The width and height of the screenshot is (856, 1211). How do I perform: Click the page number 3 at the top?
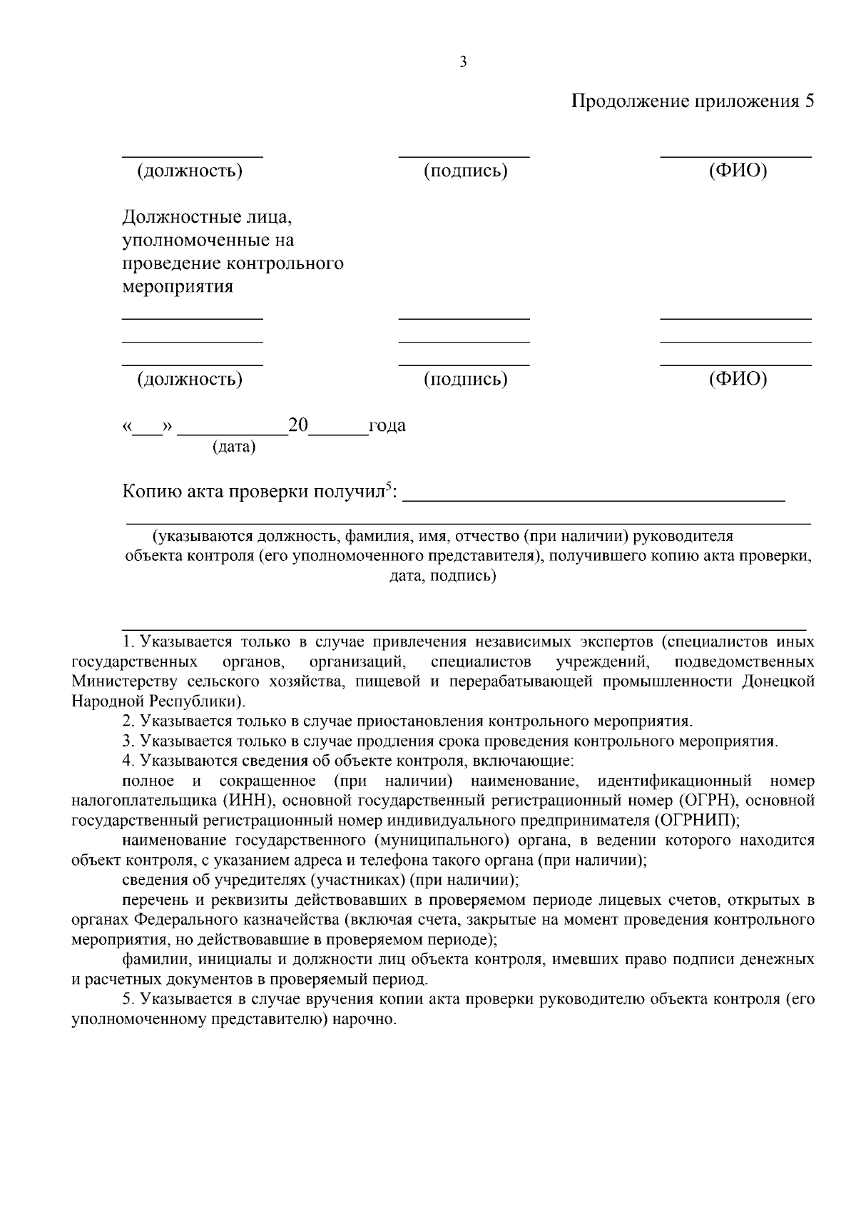click(463, 63)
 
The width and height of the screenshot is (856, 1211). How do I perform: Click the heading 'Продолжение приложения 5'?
click(692, 101)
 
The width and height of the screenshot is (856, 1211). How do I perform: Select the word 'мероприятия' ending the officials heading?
click(178, 287)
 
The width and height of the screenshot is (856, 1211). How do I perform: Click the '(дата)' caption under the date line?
click(234, 447)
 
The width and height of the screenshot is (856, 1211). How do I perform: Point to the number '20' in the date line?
click(297, 426)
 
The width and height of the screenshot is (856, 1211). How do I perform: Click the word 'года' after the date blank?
click(387, 426)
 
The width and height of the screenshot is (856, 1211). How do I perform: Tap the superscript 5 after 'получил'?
click(389, 487)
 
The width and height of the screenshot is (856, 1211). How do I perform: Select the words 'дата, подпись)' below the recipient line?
click(442, 576)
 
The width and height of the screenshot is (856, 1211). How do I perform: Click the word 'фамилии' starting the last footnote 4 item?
click(154, 960)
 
